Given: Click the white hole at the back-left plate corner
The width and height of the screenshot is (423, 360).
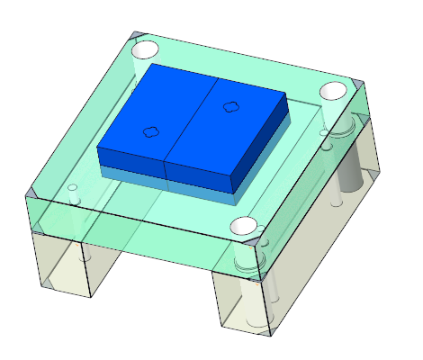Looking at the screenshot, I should tap(144, 50).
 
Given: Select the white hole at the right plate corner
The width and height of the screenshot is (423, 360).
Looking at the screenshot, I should tap(333, 91).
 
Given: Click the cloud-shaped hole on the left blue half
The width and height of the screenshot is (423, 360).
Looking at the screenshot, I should tap(150, 132).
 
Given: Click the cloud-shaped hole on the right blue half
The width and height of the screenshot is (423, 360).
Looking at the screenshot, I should tap(230, 106).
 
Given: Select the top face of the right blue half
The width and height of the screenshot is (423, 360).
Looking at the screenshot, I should tap(238, 126).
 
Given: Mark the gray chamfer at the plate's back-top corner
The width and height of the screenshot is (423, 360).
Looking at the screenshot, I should tap(136, 36).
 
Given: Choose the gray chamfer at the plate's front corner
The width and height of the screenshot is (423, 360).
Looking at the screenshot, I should tap(260, 243).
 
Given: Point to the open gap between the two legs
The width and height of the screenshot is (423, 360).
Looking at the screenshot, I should tap(153, 279).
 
